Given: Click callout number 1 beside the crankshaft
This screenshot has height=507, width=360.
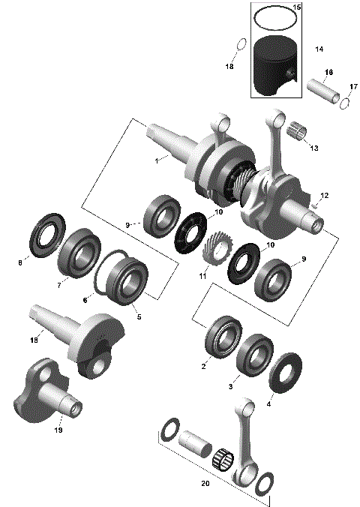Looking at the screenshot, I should click(157, 160).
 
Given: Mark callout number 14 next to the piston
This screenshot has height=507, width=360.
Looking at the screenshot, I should click(319, 49).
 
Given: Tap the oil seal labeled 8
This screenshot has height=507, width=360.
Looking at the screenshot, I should click(46, 233).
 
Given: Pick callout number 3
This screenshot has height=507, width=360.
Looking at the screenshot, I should click(231, 385).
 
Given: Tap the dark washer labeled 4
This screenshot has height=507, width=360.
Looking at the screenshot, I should click(286, 373).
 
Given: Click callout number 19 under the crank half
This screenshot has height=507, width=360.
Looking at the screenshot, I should click(58, 430).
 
